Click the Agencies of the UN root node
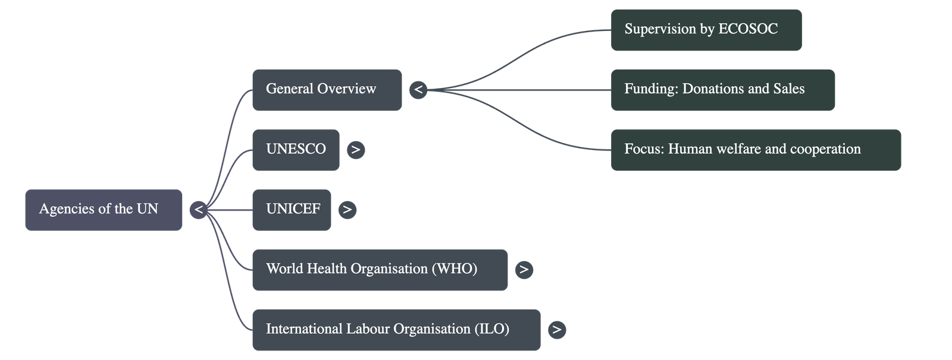103,209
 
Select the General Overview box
327,90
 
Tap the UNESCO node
296,149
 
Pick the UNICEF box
292,209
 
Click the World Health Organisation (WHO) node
380,270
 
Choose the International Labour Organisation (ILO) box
396,330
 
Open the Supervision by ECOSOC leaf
706,29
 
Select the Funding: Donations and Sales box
722,90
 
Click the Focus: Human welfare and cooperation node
756,149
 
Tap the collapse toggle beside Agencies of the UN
199,209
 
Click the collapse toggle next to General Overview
418,90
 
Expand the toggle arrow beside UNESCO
356,149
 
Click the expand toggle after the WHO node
524,270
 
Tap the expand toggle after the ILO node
556,330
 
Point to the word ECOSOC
748,29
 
